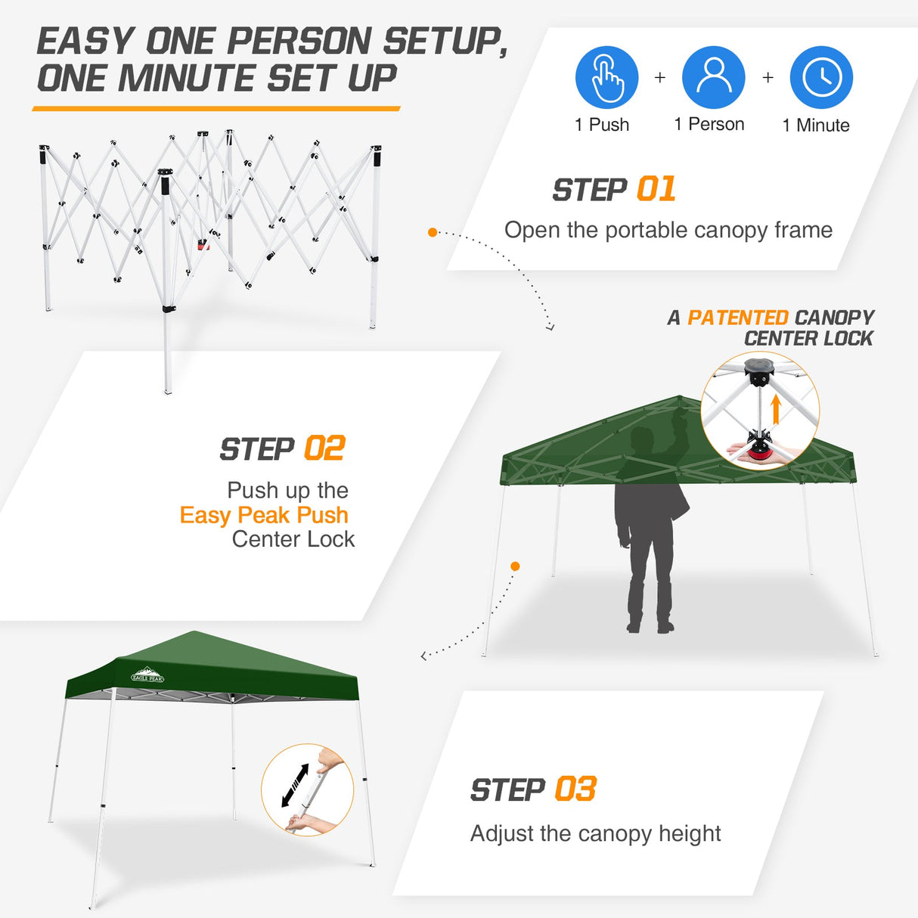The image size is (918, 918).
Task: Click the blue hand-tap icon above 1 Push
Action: tap(606, 77)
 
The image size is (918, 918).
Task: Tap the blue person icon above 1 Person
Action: tap(713, 77)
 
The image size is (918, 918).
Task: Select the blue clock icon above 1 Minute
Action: tap(821, 77)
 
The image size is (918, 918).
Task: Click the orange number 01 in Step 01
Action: tap(656, 189)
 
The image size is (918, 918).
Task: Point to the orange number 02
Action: tap(324, 448)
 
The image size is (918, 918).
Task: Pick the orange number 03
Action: tap(575, 789)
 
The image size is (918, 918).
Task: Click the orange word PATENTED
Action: tap(737, 318)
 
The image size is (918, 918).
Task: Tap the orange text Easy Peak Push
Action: tap(264, 515)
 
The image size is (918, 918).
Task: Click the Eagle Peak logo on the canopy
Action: tap(147, 675)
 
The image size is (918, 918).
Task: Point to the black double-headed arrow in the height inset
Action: tap(294, 786)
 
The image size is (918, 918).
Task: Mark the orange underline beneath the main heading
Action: tap(216, 109)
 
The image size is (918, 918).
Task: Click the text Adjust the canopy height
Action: tap(595, 833)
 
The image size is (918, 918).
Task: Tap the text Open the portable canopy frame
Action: tap(668, 230)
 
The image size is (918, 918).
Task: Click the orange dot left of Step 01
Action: tap(433, 232)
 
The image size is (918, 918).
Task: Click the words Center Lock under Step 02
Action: tap(293, 539)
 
